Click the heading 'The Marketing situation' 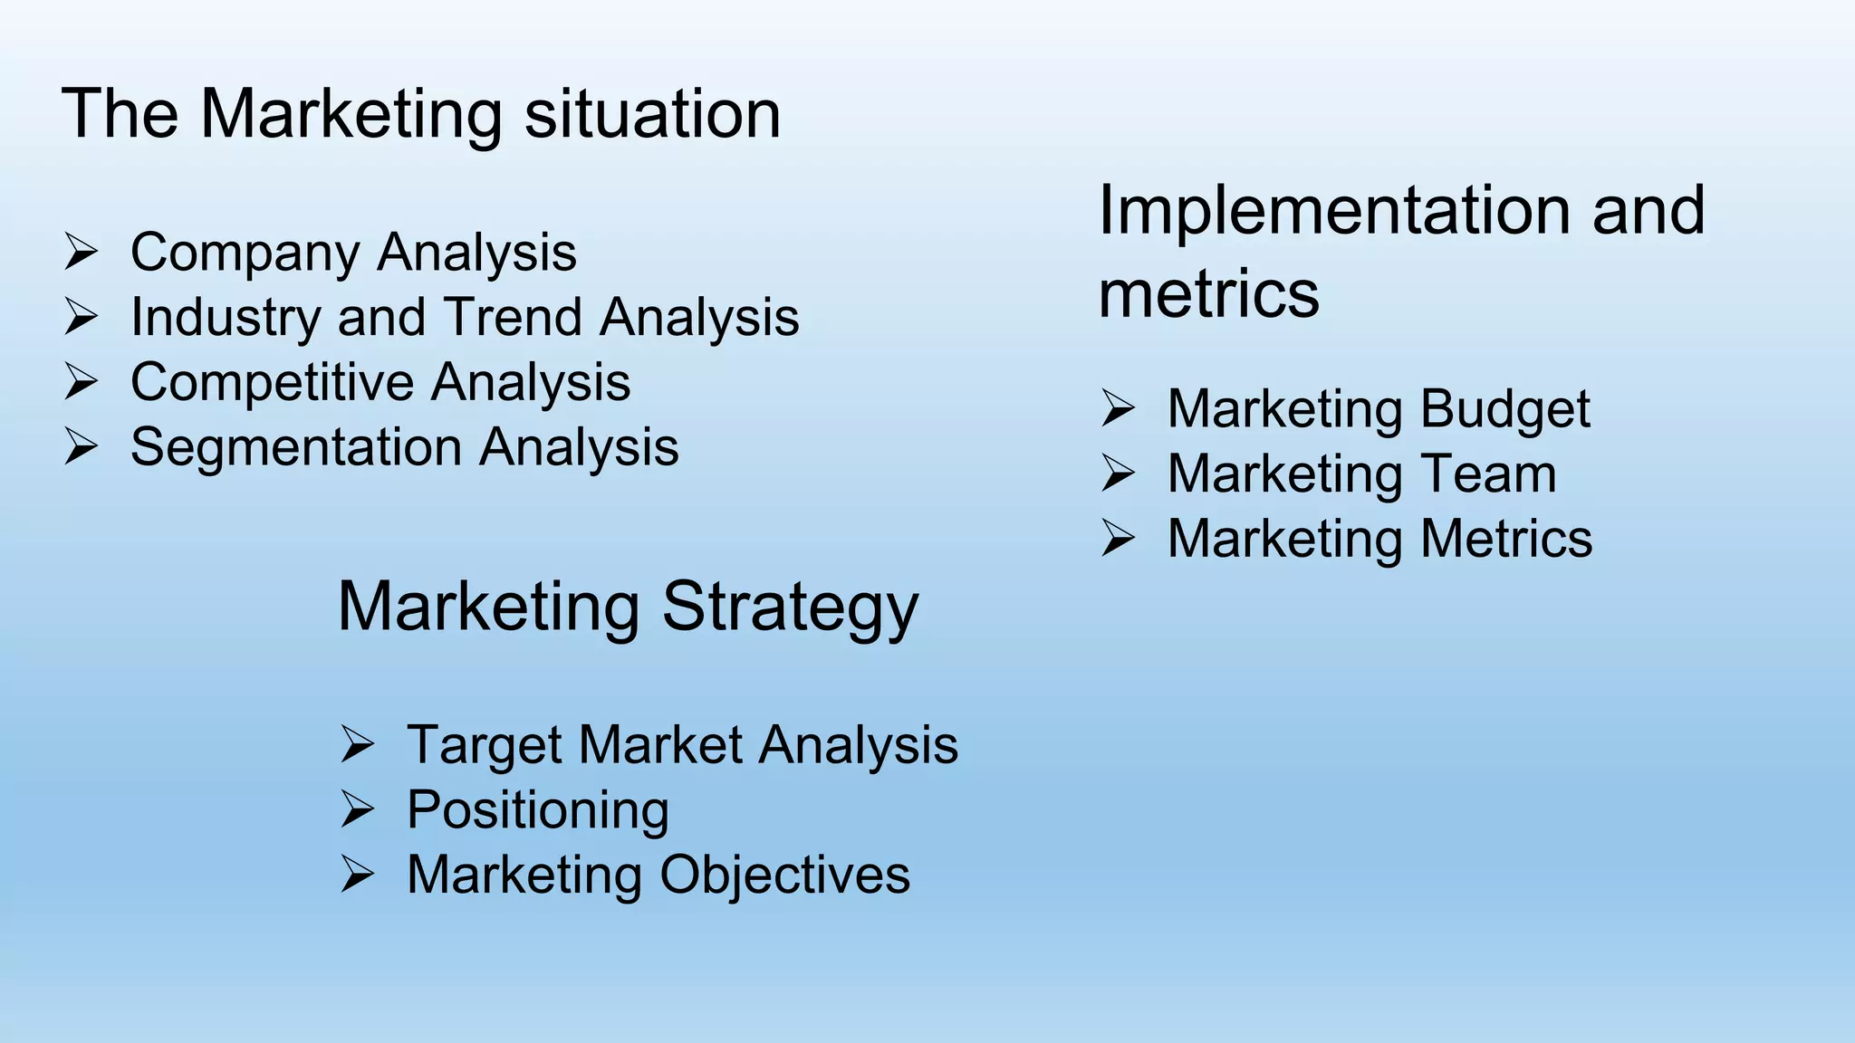tap(421, 114)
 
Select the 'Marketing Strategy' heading tap(628, 607)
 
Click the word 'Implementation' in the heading tap(1331, 210)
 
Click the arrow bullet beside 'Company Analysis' tap(81, 252)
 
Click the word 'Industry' tap(226, 319)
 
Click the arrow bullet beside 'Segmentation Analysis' tap(81, 447)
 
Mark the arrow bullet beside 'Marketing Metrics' tap(1118, 539)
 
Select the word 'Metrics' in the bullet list tap(1506, 539)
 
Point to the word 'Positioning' tap(538, 811)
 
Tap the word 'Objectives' tap(784, 876)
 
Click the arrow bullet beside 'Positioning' tap(357, 809)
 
